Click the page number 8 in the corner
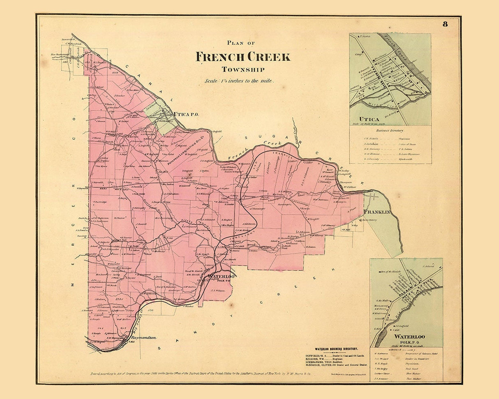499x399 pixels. (x=445, y=23)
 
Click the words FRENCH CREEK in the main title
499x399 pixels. (x=243, y=57)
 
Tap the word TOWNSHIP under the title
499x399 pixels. (x=243, y=69)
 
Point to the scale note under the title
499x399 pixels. (x=239, y=81)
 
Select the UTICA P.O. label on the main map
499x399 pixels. (x=186, y=114)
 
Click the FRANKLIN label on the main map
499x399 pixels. (x=377, y=212)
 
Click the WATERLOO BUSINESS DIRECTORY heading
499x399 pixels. (x=336, y=348)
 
